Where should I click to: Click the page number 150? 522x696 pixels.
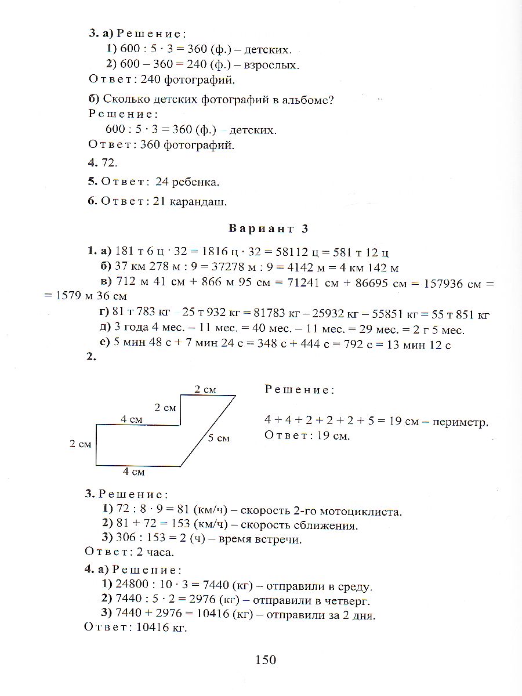(x=264, y=659)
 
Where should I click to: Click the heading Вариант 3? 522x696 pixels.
(x=268, y=229)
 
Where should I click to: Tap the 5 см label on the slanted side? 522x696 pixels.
(x=219, y=438)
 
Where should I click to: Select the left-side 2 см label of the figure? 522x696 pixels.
(x=81, y=444)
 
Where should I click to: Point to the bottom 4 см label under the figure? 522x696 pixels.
(x=133, y=472)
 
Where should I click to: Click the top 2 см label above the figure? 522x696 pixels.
(x=205, y=390)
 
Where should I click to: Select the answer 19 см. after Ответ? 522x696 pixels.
(x=333, y=435)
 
